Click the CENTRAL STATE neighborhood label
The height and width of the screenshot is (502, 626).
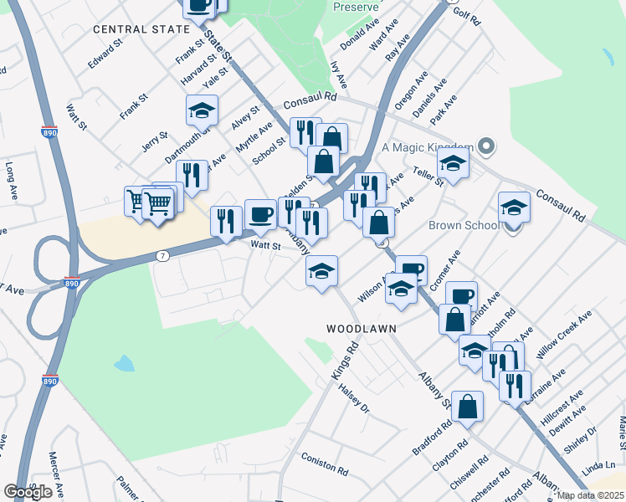pyautogui.click(x=141, y=29)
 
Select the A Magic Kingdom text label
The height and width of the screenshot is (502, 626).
pyautogui.click(x=428, y=147)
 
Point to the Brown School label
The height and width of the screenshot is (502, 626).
pyautogui.click(x=463, y=225)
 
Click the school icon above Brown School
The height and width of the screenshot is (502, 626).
pyautogui.click(x=514, y=207)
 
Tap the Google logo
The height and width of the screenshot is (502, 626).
pyautogui.click(x=28, y=492)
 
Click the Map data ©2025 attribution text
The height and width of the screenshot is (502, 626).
pyautogui.click(x=591, y=495)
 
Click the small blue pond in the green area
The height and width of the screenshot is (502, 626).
pyautogui.click(x=124, y=363)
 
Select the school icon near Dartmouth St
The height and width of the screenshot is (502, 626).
pyautogui.click(x=202, y=110)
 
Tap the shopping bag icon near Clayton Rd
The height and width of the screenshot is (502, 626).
pyautogui.click(x=467, y=407)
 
